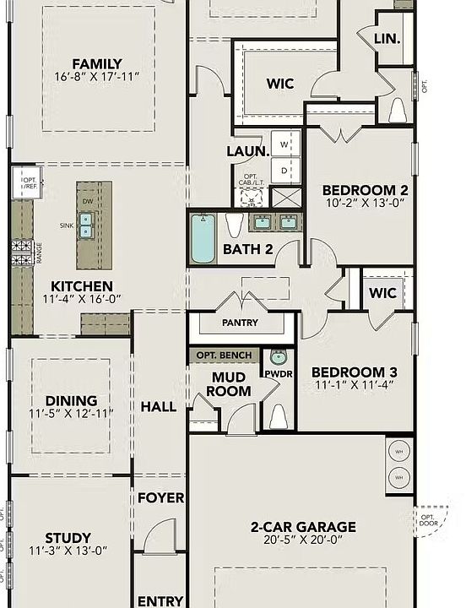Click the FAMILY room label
click(96, 63)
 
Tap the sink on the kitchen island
click(86, 224)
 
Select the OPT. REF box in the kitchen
click(28, 183)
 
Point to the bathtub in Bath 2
click(203, 238)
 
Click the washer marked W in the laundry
click(284, 144)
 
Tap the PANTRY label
click(240, 323)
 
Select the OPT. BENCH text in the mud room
click(224, 356)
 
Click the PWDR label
click(278, 372)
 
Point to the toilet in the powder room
click(279, 415)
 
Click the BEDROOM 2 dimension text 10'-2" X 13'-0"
click(365, 203)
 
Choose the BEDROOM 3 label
click(354, 372)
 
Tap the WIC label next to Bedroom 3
click(382, 294)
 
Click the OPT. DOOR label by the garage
click(429, 519)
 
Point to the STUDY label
click(69, 538)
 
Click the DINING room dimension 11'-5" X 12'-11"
click(72, 415)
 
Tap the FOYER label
click(160, 498)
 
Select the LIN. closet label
click(387, 39)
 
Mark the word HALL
click(158, 406)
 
